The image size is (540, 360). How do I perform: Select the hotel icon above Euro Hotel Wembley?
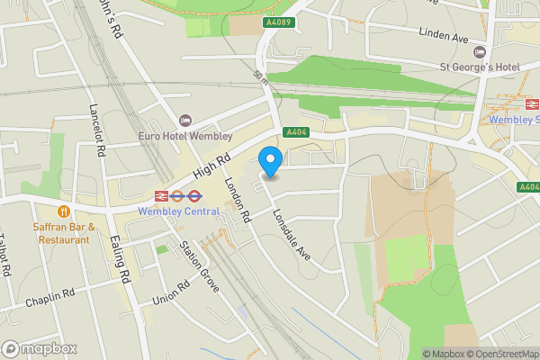click(x=186, y=121)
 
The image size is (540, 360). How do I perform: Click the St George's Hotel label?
click(x=480, y=67)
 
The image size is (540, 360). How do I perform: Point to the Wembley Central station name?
click(x=178, y=211)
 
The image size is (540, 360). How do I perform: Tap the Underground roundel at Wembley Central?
click(x=178, y=195)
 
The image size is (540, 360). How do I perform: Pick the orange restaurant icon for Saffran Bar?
click(x=64, y=211)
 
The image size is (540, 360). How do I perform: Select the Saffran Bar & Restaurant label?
click(x=64, y=233)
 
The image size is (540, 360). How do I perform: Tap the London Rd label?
click(x=237, y=198)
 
